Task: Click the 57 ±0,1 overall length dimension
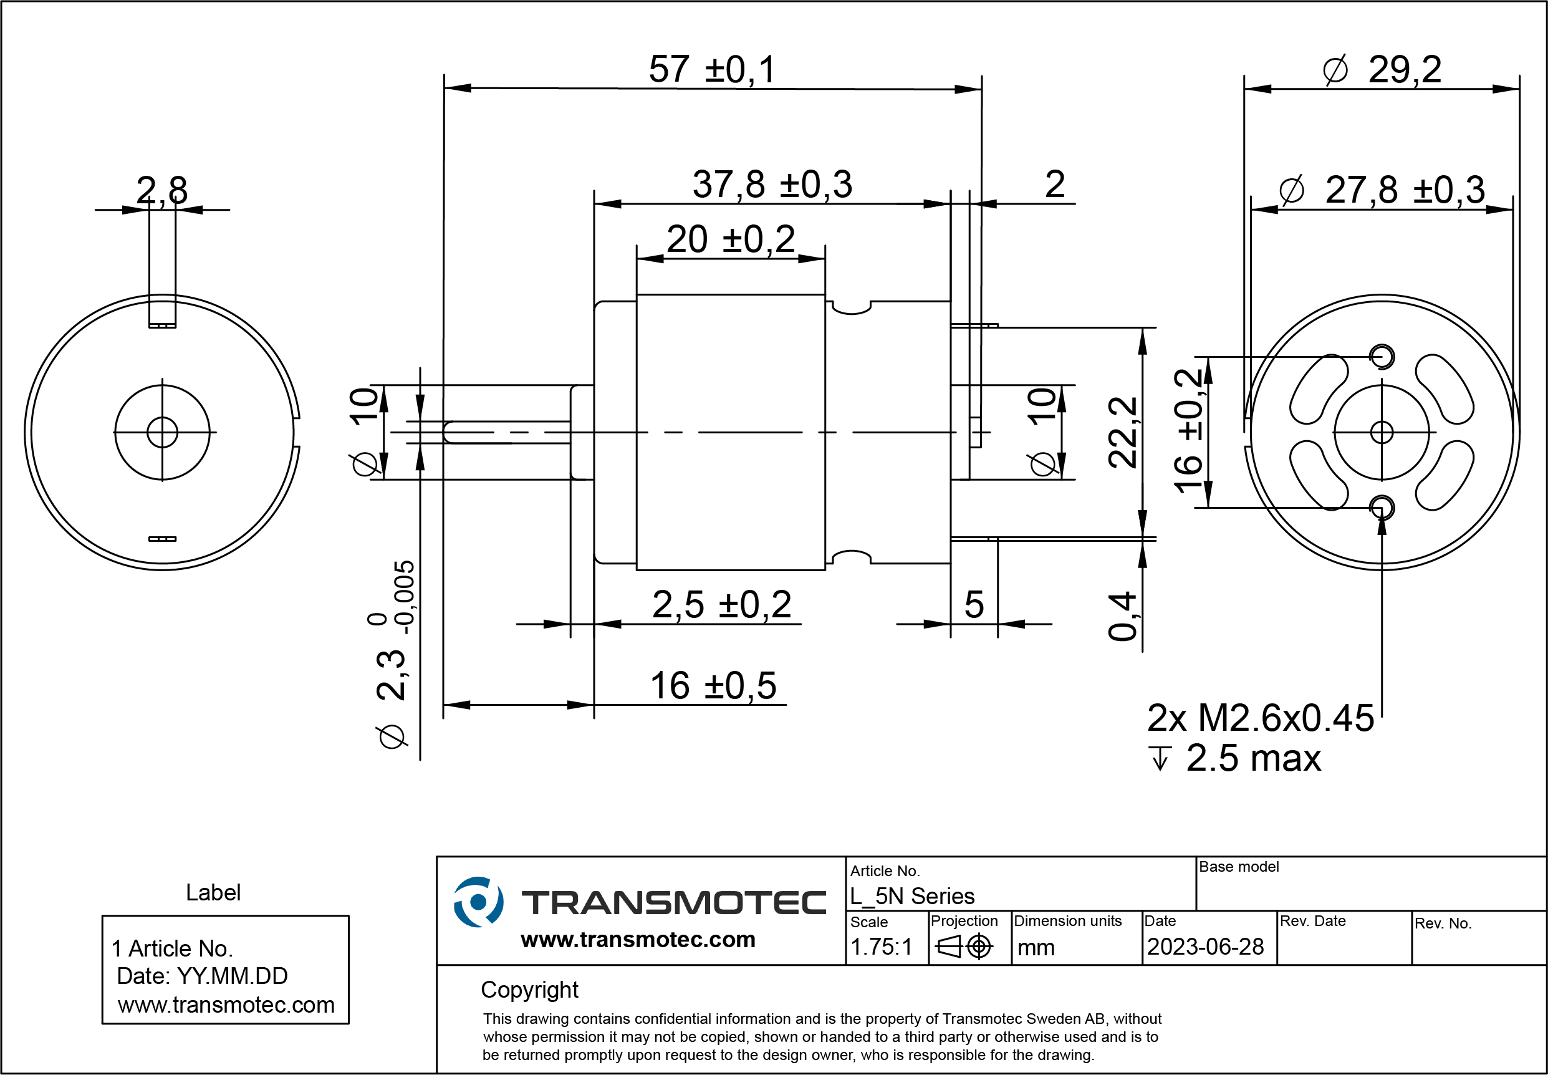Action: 712,69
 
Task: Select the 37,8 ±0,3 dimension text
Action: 772,184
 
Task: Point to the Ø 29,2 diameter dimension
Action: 1382,69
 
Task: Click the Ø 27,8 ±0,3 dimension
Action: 1382,190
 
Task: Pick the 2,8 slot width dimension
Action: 161,190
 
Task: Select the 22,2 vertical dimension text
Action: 1122,432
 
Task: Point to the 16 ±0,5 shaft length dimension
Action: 713,686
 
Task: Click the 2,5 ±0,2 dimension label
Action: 722,604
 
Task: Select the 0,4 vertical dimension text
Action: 1122,616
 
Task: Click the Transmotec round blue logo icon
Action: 478,902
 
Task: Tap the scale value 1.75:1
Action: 881,947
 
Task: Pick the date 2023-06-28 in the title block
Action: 1205,947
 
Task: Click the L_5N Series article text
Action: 912,897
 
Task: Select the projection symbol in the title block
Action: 964,947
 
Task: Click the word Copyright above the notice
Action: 529,990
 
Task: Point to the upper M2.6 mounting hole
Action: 1382,356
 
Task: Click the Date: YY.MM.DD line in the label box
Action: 202,976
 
